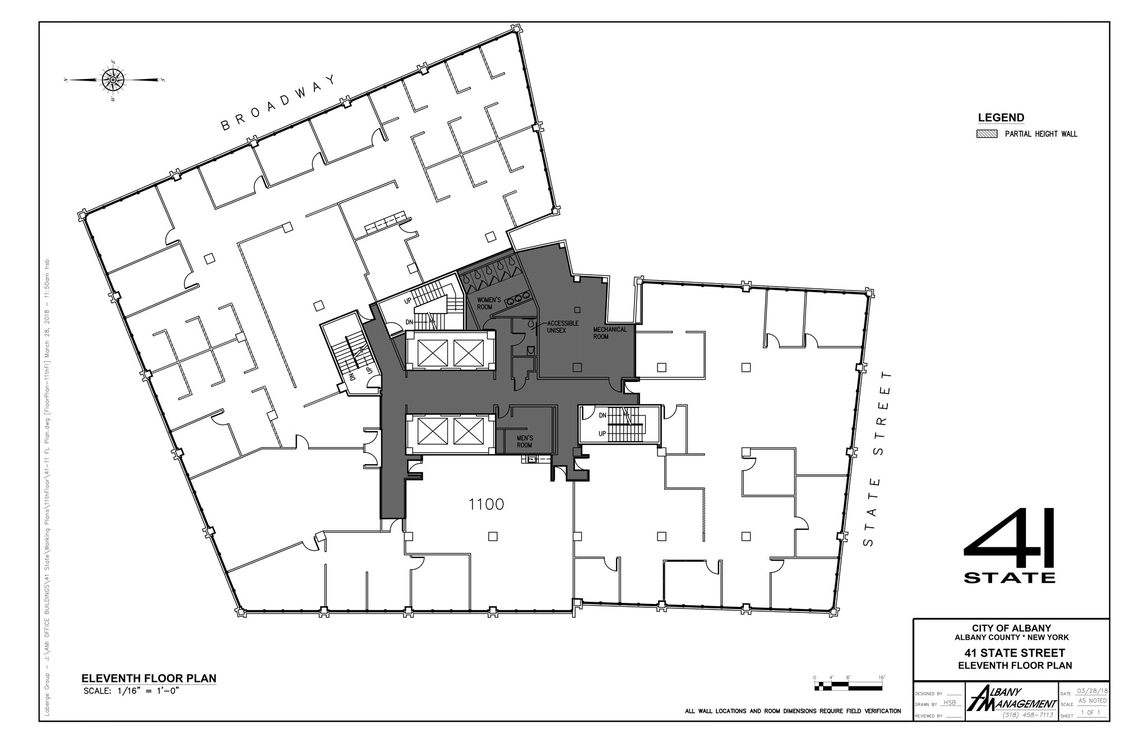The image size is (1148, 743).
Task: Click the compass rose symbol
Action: (113, 80)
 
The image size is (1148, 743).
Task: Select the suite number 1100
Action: (486, 505)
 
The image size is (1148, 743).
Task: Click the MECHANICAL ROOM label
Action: (610, 333)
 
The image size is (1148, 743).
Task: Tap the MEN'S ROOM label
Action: (525, 441)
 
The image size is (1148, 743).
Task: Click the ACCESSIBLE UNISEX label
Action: (562, 327)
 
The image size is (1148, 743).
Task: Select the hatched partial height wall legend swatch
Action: (987, 134)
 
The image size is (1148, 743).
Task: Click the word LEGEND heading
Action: (1001, 118)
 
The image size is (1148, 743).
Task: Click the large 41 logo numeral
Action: (1009, 538)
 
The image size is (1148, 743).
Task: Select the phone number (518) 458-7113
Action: (1027, 715)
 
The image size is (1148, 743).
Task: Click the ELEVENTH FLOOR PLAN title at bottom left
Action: (149, 679)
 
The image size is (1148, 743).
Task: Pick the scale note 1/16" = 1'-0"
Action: (134, 691)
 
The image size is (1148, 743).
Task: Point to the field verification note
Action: (793, 711)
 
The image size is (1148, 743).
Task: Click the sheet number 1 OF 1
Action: (1090, 713)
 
